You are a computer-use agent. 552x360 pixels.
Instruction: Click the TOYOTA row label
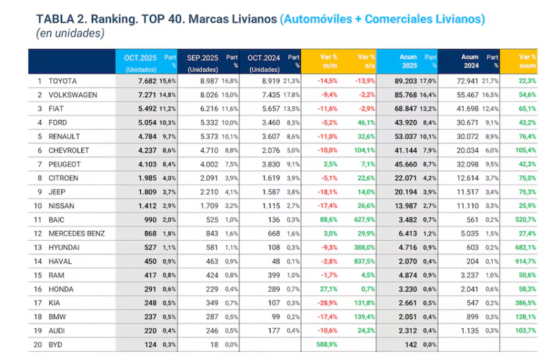pos(63,80)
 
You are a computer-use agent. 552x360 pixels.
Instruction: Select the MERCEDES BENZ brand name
pos(76,233)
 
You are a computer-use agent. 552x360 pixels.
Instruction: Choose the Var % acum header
pos(527,61)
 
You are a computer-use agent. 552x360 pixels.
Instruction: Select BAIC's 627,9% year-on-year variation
pos(363,219)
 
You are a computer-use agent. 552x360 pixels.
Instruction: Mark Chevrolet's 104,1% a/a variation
pos(363,150)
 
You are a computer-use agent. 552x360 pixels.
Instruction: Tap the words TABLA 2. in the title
pos(58,18)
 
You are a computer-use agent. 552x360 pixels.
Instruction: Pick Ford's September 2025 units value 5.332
pos(203,122)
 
